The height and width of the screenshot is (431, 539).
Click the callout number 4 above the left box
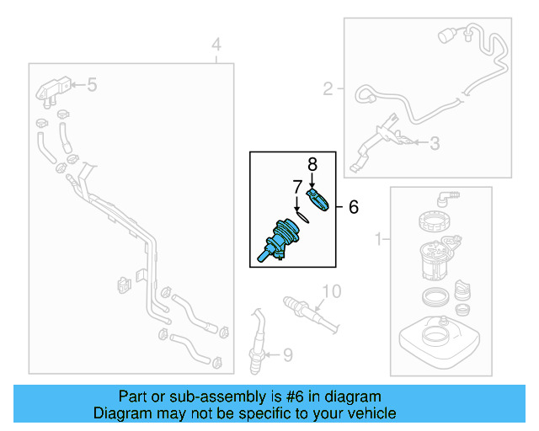tap(216, 44)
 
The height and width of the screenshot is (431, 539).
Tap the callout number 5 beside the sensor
tap(92, 84)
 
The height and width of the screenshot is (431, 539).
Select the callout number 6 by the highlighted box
tap(353, 206)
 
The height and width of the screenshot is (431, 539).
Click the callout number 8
tap(311, 164)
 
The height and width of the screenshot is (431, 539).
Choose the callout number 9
tap(287, 356)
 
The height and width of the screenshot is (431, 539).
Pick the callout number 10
tap(331, 291)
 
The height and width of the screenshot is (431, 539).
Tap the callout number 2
tap(328, 87)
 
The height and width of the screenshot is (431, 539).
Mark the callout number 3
tap(434, 144)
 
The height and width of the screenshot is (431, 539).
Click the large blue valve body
tap(282, 236)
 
